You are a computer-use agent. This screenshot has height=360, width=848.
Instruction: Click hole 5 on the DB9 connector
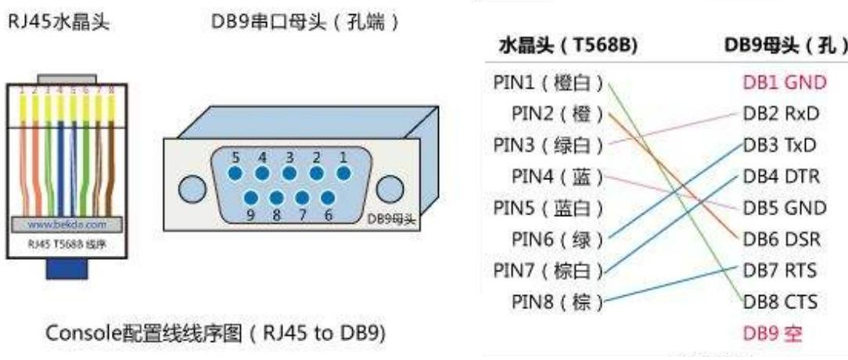pos(235,171)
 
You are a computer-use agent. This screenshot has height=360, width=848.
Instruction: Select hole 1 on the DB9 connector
pos(342,171)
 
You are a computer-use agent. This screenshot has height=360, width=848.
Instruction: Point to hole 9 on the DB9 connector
pos(250,199)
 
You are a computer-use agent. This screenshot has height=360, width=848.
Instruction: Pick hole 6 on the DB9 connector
pos(329,199)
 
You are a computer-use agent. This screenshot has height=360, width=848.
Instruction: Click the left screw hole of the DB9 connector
pos(192,189)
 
